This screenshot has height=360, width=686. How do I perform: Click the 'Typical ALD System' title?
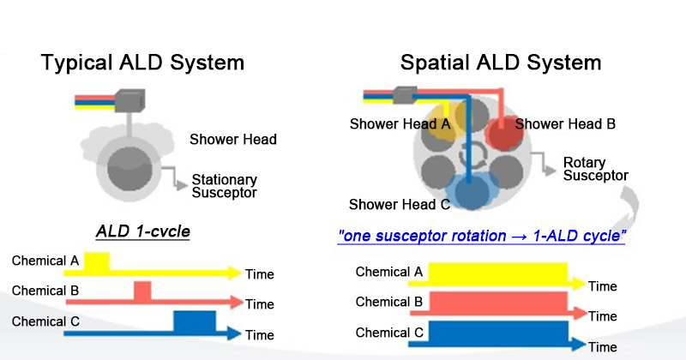click(142, 63)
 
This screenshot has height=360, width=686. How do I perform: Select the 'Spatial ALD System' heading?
click(501, 63)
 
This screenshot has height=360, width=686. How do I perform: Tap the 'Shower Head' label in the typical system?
click(233, 139)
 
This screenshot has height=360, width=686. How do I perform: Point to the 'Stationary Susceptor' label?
click(224, 186)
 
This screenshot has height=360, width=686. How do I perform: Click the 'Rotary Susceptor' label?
click(595, 169)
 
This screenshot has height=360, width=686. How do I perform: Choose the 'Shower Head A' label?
click(400, 124)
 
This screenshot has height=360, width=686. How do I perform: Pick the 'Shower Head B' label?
click(565, 124)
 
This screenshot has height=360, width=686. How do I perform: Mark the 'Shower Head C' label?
click(400, 205)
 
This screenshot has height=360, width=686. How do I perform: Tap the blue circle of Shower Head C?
click(470, 192)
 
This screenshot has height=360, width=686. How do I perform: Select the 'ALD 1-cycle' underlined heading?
click(142, 231)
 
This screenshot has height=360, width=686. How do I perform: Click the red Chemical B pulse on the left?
click(142, 291)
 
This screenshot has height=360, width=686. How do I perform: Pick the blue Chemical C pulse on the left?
click(195, 321)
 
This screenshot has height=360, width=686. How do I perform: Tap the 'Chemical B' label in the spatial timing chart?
click(388, 302)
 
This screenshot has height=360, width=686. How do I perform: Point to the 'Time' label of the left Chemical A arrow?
click(260, 274)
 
